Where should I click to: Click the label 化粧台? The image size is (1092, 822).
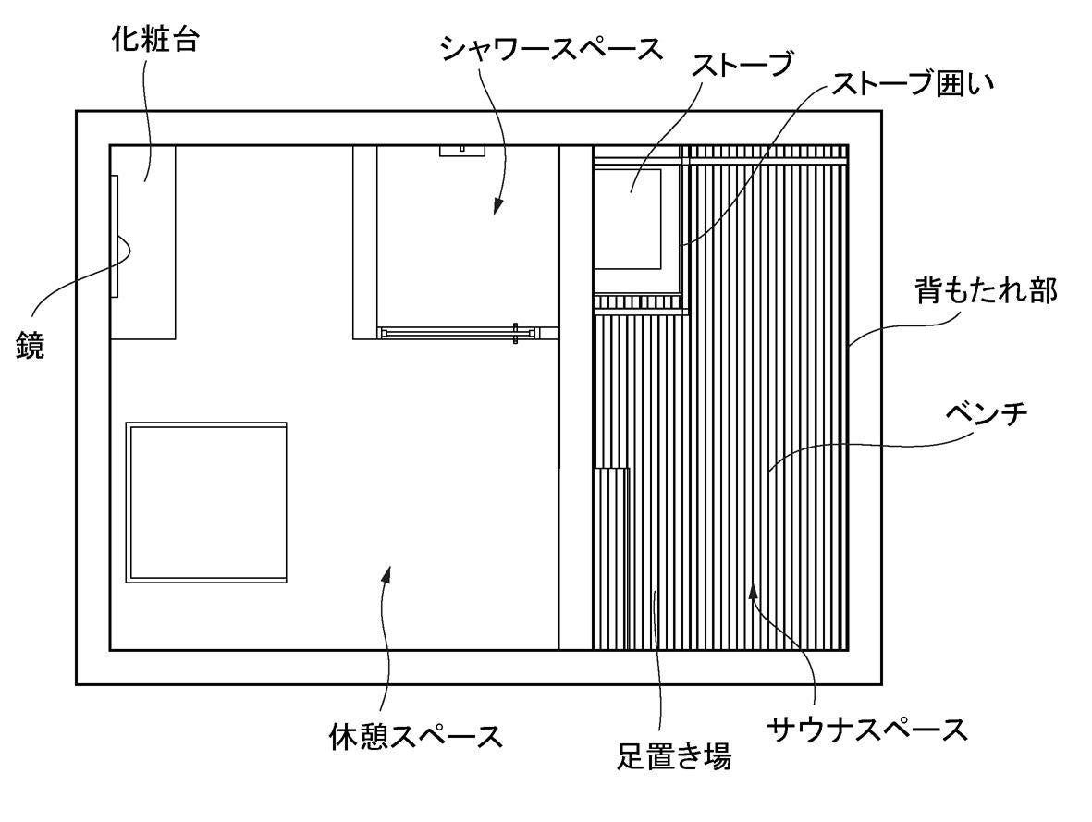(x=154, y=43)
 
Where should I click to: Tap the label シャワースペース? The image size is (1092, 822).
(x=551, y=47)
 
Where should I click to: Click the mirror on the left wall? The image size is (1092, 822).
(x=115, y=236)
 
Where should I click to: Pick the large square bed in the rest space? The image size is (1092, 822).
(x=206, y=502)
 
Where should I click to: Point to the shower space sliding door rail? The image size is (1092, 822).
(x=458, y=330)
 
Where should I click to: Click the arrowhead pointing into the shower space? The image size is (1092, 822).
(x=497, y=206)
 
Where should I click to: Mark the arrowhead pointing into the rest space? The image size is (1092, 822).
(x=387, y=575)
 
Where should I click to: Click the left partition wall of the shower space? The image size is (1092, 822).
(x=364, y=242)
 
